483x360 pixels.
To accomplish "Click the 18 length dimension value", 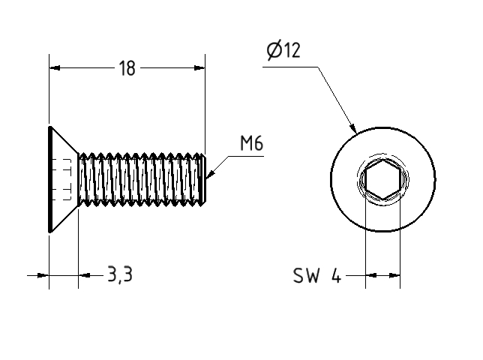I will (x=127, y=69).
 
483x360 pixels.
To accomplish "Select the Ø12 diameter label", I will (x=283, y=51).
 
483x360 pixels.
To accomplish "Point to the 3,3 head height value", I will (x=119, y=275).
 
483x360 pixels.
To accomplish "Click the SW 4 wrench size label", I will (x=316, y=277).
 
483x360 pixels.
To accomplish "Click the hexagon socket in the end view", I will (x=382, y=181).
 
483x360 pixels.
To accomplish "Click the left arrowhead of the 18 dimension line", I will (x=55, y=68).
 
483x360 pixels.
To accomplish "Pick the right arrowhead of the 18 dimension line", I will (x=199, y=68).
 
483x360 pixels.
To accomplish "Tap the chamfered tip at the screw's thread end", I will (x=203, y=180).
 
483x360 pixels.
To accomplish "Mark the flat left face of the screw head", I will (x=49, y=180).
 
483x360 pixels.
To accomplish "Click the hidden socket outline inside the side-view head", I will (x=63, y=180).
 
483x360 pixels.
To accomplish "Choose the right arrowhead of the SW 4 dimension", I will (x=394, y=276).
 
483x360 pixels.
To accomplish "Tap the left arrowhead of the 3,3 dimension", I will (x=43, y=276).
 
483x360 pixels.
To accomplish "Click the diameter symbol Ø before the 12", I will (x=274, y=51).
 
